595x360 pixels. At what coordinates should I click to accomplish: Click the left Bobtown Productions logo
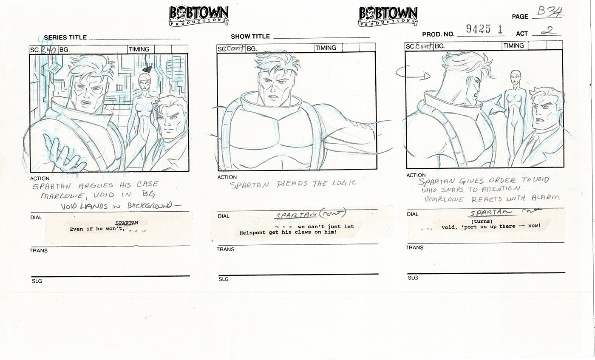(x=198, y=16)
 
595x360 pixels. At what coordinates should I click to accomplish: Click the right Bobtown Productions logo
(x=388, y=16)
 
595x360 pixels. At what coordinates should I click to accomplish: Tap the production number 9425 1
(x=484, y=29)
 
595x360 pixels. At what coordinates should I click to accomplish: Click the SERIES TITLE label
(x=65, y=37)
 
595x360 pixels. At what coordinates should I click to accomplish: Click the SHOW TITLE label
(x=250, y=37)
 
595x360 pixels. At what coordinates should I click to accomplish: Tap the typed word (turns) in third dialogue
(x=482, y=221)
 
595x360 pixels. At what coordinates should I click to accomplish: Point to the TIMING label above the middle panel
(x=326, y=48)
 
